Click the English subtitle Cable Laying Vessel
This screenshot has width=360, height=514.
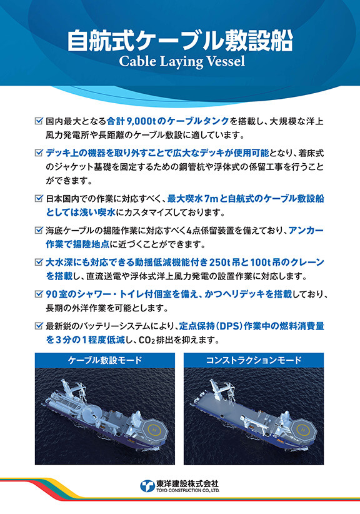click(x=179, y=63)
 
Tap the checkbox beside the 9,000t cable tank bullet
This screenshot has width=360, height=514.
click(x=39, y=121)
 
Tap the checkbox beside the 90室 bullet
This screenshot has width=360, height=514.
click(x=39, y=294)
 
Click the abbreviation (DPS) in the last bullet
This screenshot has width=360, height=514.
click(x=230, y=325)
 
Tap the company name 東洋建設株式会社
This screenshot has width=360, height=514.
click(x=187, y=483)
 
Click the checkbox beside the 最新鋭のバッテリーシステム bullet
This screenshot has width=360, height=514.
click(x=39, y=325)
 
